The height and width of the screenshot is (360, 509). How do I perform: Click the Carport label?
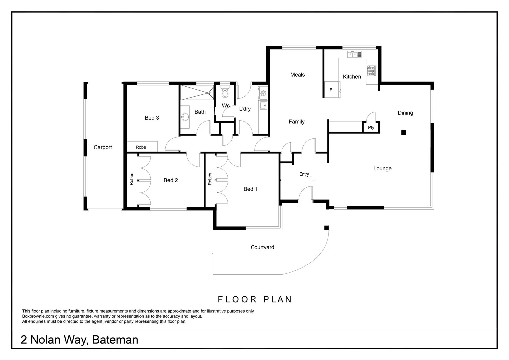(103, 147)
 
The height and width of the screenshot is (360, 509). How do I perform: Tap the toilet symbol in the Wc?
(225, 92)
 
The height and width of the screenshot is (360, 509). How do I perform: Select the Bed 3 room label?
(152, 118)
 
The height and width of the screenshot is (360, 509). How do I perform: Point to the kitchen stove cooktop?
(371, 71)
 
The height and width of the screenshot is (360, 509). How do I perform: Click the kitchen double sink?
(354, 54)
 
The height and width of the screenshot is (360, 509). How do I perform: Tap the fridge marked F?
(331, 90)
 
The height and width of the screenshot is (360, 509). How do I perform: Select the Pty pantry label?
(371, 128)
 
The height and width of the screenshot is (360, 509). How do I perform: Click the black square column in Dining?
(404, 133)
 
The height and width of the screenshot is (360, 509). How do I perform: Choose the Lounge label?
(382, 169)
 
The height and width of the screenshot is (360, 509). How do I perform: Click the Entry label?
(304, 174)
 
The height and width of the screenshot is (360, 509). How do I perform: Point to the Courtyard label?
(262, 247)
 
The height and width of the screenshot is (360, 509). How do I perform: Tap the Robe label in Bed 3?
(141, 147)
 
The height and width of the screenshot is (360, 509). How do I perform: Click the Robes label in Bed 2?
(132, 179)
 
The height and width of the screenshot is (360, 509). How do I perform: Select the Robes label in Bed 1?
(210, 179)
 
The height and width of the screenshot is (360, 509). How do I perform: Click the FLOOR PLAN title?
(255, 299)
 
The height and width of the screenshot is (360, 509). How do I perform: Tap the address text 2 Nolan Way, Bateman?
(79, 340)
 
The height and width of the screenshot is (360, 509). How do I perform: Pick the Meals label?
(297, 75)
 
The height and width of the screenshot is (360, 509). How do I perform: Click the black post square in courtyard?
(327, 228)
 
